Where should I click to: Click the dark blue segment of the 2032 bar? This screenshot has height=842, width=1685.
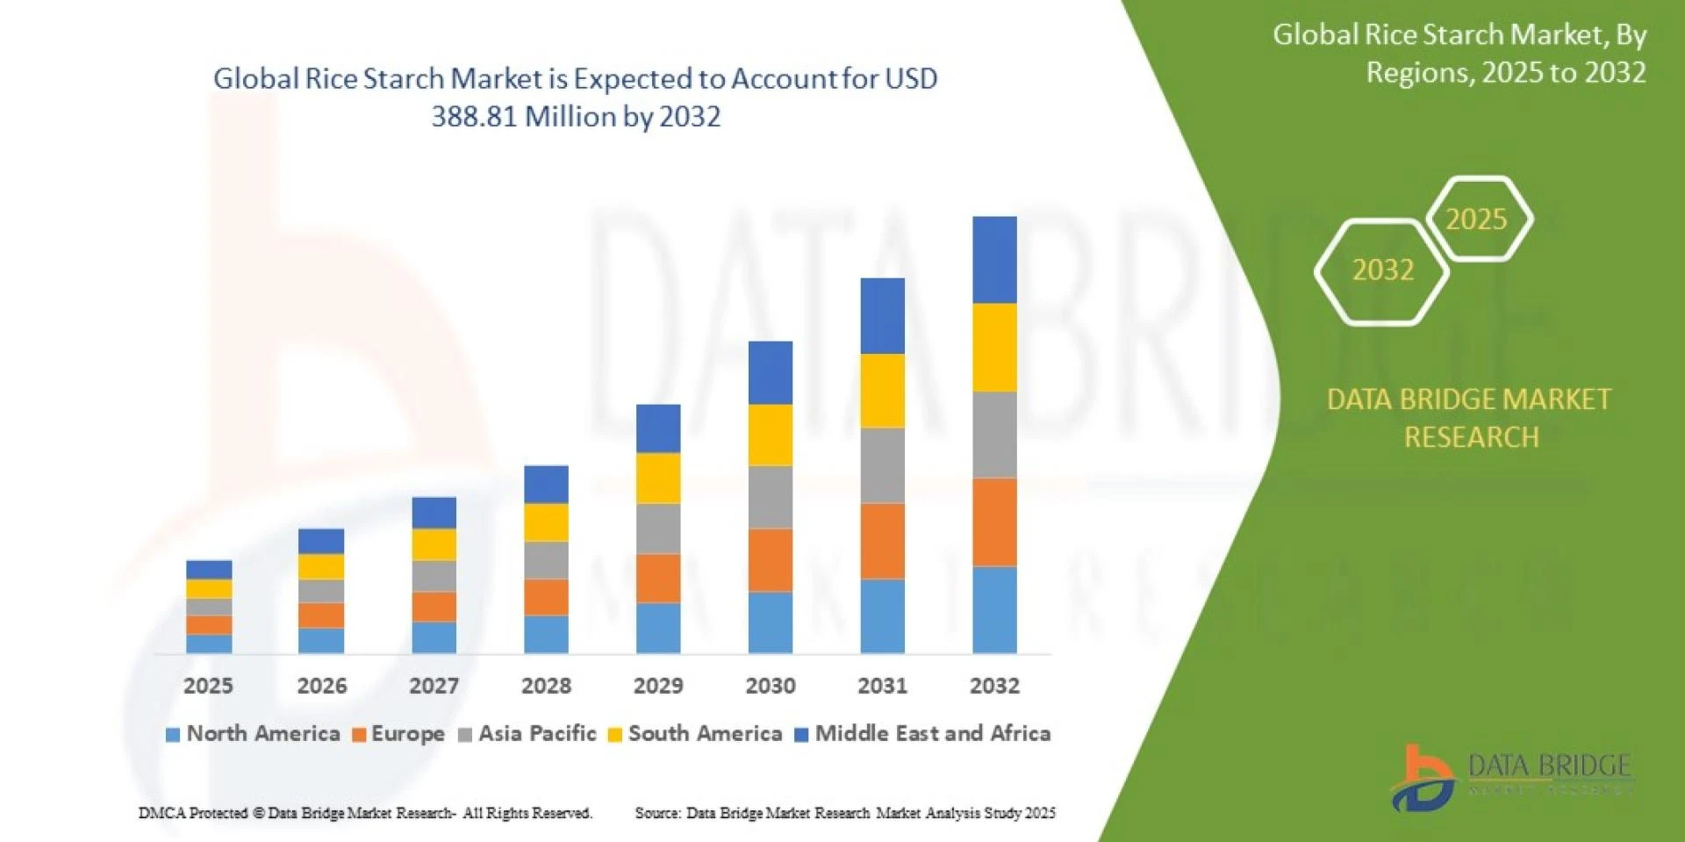[x=994, y=260]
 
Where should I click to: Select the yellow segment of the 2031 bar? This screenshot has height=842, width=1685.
[x=882, y=391]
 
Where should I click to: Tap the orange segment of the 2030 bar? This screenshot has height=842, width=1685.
[x=770, y=559]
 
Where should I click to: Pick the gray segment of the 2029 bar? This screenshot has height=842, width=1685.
[x=657, y=529]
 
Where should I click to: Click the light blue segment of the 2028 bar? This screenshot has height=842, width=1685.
[x=546, y=634]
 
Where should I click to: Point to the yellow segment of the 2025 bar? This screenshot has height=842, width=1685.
[x=209, y=589]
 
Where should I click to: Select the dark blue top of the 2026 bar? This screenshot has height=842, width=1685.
[x=321, y=541]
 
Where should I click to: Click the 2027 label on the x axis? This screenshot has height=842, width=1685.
[x=434, y=686]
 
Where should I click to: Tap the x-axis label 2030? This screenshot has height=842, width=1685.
[x=770, y=686]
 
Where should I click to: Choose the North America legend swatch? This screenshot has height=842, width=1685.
[x=173, y=735]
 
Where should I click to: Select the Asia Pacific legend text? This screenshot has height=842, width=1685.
[x=537, y=733]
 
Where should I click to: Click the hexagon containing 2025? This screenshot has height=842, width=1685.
[x=1477, y=219]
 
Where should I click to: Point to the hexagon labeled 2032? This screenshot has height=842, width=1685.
[x=1382, y=270]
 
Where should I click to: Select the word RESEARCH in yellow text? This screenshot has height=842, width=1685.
[x=1471, y=437]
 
